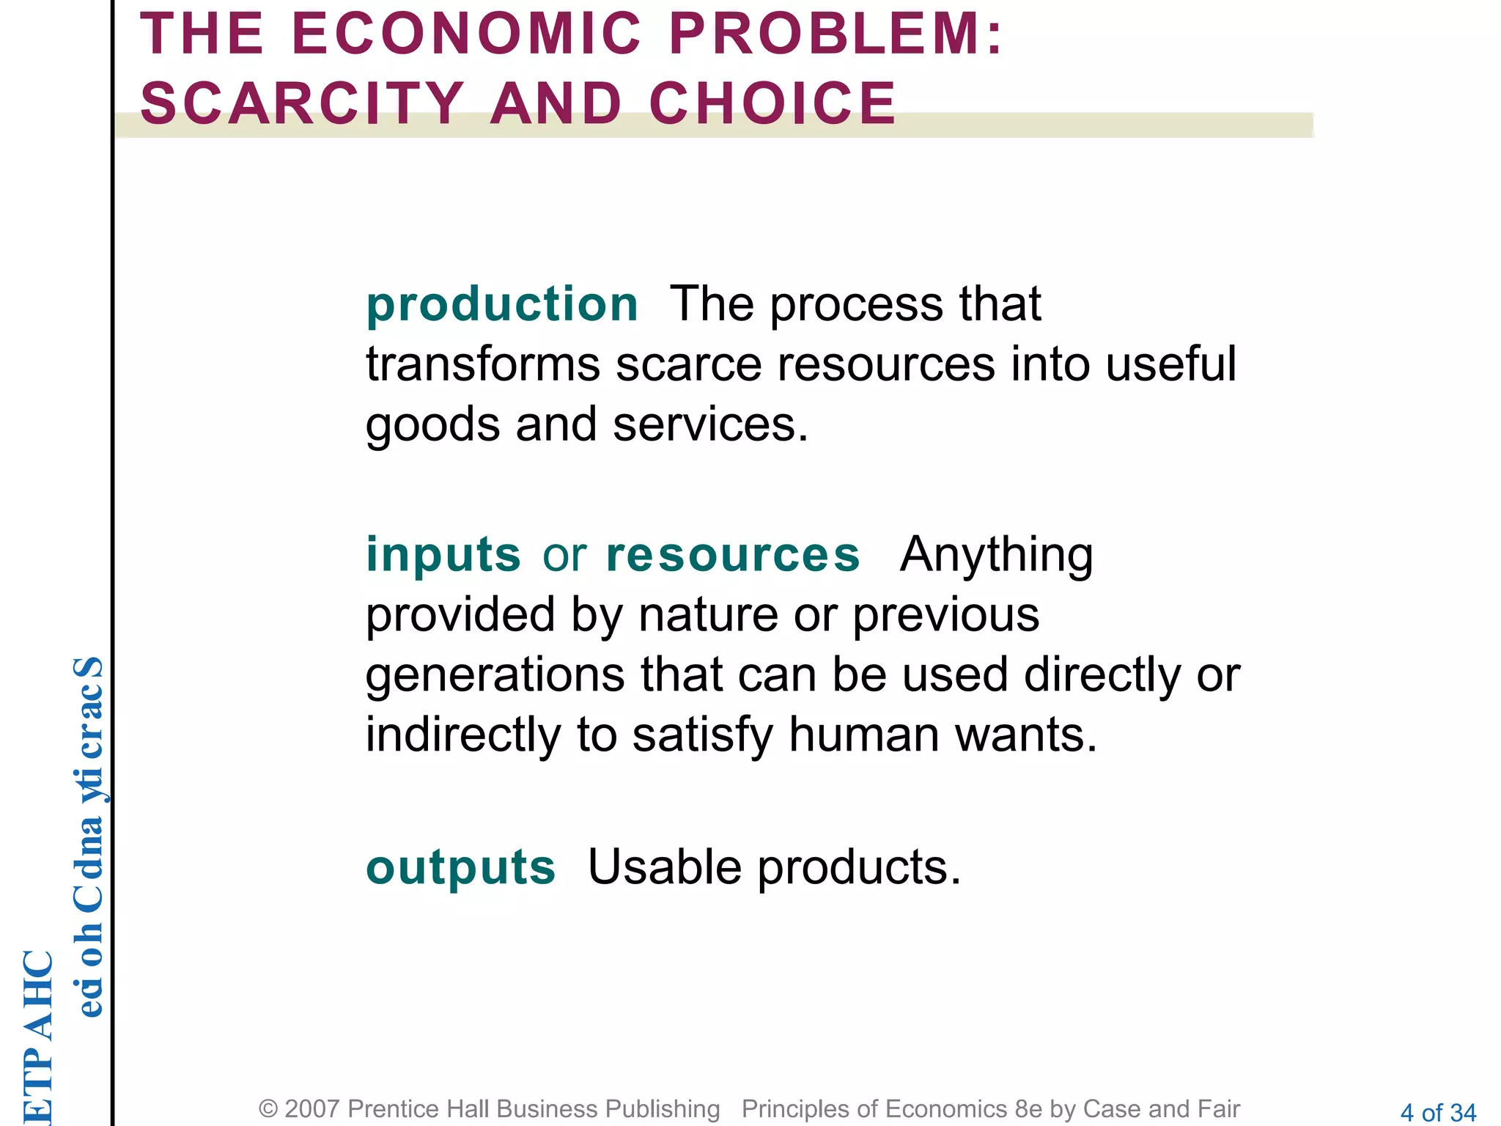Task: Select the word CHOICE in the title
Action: (x=772, y=103)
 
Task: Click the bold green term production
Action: (x=502, y=304)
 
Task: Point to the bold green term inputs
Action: (x=443, y=554)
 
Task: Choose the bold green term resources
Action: (x=733, y=554)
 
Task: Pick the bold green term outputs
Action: (x=461, y=867)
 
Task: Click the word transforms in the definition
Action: (x=483, y=364)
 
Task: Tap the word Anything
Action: (x=996, y=554)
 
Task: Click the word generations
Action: (x=495, y=674)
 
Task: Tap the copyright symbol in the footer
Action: (x=268, y=1109)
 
